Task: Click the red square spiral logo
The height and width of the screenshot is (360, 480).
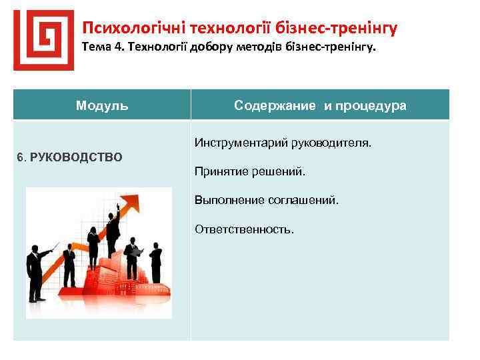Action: point(43,39)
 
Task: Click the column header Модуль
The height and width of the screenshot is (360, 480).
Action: point(102,105)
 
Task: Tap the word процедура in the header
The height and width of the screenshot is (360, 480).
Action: point(373,105)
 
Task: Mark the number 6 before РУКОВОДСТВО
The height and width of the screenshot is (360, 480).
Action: point(21,157)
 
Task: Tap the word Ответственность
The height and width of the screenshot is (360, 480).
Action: point(244,229)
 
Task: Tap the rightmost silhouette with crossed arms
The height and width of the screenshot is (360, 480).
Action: point(156,263)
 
